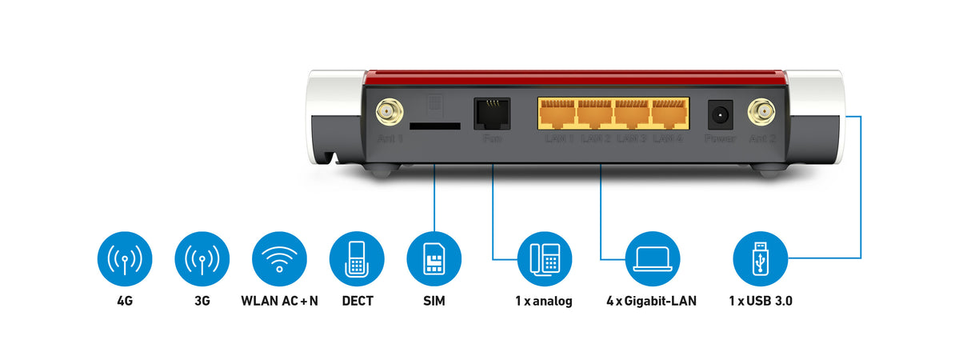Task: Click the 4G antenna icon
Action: tap(124, 258)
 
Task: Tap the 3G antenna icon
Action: tap(202, 258)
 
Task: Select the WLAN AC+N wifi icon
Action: tap(279, 258)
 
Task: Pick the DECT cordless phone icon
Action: tap(357, 258)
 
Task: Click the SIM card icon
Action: tap(434, 258)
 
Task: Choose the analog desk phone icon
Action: tap(544, 258)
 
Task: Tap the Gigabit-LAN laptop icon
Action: tap(652, 258)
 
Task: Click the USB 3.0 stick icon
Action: tap(761, 258)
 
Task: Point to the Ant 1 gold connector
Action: tap(390, 110)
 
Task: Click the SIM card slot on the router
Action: tap(435, 126)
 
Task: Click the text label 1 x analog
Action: tap(544, 302)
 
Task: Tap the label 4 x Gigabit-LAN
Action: tap(652, 302)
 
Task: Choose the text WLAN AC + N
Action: tap(279, 302)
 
